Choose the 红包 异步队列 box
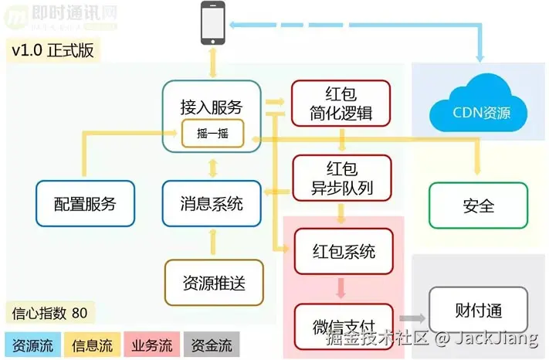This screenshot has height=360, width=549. point(341,178)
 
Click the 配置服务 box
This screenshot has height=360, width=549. point(85,204)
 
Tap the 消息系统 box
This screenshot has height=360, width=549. point(212,204)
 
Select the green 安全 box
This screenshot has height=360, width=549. point(478,205)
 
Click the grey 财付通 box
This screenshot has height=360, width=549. point(478,311)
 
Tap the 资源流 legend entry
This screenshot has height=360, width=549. point(33,345)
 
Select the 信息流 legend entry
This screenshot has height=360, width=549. point(93,345)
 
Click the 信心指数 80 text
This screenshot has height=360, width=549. point(50,313)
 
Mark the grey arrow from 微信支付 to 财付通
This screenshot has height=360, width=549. point(412,318)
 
